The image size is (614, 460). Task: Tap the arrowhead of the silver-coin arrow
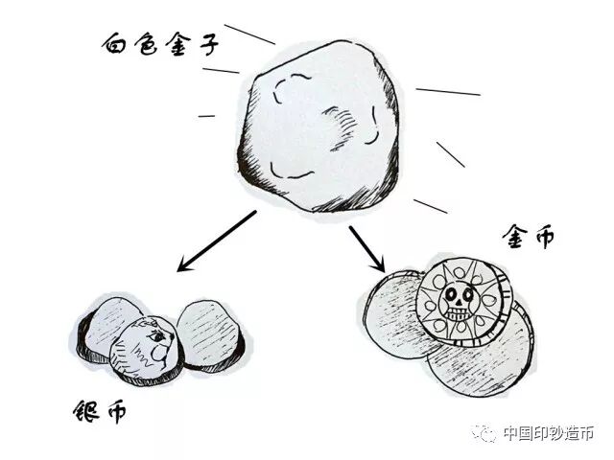[x=185, y=265]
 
